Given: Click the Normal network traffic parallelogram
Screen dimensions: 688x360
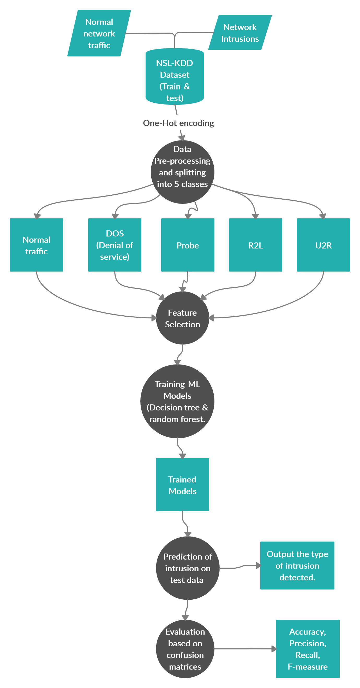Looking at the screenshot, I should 99,33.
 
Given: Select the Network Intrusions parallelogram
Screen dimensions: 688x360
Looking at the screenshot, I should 240,33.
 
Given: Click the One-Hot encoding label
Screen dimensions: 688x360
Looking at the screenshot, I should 178,123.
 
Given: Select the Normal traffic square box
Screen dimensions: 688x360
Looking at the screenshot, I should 36,245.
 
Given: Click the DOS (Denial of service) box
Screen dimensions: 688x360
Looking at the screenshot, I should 115,245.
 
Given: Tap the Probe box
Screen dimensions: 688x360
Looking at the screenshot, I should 188,245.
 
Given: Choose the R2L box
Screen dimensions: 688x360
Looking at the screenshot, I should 255,245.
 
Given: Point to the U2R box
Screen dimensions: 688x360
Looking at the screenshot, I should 323,245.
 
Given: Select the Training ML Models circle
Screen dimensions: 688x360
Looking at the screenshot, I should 177,401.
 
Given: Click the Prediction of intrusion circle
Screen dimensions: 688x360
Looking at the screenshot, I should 188,568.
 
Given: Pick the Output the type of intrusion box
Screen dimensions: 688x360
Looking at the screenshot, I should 297,566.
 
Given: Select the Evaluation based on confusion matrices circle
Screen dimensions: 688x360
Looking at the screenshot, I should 185,649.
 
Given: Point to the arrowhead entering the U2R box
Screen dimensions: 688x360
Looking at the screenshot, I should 323,216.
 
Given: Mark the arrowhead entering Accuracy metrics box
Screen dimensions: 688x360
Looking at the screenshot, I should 274,649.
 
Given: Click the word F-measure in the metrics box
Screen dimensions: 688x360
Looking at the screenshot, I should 308,667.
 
